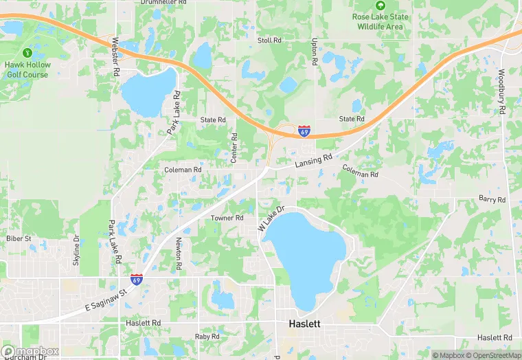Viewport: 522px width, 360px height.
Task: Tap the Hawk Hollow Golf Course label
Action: pos(27,69)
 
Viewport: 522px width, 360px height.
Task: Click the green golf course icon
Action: pos(27,52)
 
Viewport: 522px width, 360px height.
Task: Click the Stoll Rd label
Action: pos(269,41)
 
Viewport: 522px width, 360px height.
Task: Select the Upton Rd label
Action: pos(314,52)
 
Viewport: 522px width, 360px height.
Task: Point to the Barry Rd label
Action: pos(492,199)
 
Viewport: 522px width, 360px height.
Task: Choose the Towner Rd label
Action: pos(227,218)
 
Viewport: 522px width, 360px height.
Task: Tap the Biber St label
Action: pos(19,238)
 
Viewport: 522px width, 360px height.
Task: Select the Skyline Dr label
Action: pos(77,251)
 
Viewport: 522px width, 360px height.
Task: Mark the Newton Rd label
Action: pos(178,253)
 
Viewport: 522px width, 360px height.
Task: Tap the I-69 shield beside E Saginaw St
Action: pos(137,280)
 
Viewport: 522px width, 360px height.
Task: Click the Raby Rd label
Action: pos(206,337)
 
